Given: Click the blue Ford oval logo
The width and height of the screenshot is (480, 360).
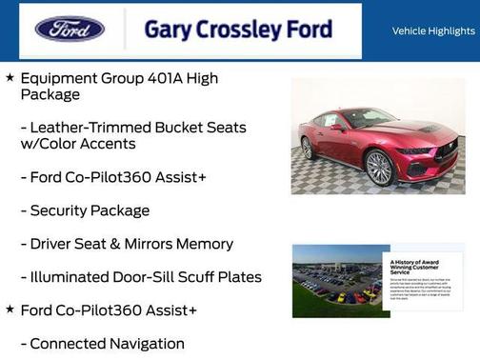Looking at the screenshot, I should coord(70,29).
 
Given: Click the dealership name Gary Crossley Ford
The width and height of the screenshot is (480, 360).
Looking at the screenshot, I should coord(238,30).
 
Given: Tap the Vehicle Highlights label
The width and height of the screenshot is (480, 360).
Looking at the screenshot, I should coord(433,31).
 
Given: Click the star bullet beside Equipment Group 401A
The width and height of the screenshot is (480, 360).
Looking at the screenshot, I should coord(10,77).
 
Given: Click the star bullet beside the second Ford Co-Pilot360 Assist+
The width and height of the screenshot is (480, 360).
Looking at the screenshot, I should coord(10,310).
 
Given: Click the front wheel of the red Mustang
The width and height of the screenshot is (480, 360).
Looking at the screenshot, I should coord(379,168).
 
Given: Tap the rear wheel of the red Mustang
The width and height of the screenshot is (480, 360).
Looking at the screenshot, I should coord(307,148).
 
